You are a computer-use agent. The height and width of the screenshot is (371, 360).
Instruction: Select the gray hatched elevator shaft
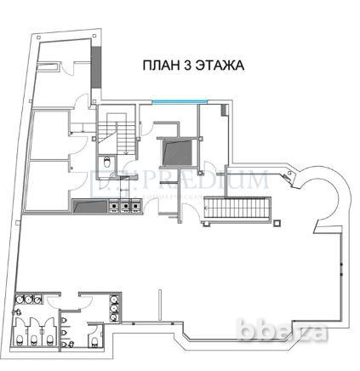pyautogui.click(x=176, y=153)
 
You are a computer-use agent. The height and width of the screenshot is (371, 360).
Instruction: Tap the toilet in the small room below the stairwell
pyautogui.click(x=106, y=163)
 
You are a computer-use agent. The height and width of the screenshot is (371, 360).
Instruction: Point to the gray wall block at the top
pyautogui.click(x=98, y=62)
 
